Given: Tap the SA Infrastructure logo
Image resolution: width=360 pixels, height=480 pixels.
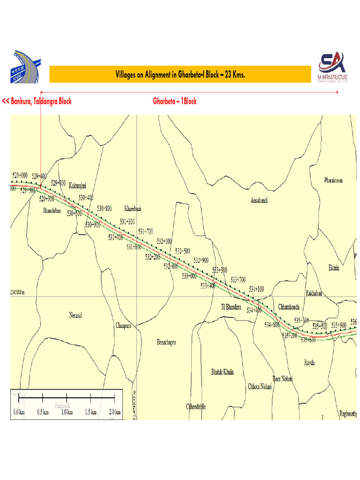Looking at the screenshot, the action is (x=332, y=67).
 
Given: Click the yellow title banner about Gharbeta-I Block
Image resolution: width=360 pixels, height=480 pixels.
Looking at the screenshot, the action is (x=180, y=75).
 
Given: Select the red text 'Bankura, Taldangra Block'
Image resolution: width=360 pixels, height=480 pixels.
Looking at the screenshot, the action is (x=37, y=101).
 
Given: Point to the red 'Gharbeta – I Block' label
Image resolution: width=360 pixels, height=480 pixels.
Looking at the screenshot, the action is (x=175, y=101).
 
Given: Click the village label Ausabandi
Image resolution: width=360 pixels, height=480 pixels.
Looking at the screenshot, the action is (x=259, y=200).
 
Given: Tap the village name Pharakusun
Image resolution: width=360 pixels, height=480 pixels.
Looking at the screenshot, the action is (x=333, y=180).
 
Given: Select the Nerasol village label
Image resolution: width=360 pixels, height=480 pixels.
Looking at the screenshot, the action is (x=75, y=315).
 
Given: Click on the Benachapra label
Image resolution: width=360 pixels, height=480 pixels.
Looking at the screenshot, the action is (x=166, y=343).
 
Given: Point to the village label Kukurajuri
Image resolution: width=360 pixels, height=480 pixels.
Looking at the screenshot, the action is (x=78, y=186).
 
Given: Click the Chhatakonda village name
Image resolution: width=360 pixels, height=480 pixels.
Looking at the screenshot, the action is (x=291, y=307).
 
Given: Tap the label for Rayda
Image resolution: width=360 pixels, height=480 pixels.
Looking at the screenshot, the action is (x=309, y=363).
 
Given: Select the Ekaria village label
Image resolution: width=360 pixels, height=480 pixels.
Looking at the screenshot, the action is (x=334, y=268).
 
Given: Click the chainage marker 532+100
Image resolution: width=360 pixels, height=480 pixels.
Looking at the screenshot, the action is (x=165, y=241).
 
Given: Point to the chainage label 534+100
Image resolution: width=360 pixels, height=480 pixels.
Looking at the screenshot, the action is (x=256, y=289).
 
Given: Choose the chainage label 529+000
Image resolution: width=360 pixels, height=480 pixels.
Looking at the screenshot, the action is (x=20, y=175).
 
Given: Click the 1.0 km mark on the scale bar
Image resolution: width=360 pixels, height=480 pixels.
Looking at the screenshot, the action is (x=67, y=412).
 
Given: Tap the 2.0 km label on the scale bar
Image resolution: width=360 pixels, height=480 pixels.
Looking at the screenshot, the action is (x=114, y=412).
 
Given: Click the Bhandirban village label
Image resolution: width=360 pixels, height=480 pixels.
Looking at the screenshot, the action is (x=52, y=210).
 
